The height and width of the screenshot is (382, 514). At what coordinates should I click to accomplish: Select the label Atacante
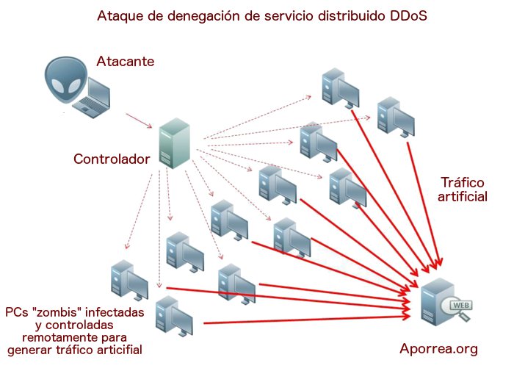click(x=126, y=62)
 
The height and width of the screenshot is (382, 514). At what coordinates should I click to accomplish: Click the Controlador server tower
click(x=175, y=145)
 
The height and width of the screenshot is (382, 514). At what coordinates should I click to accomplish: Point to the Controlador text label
click(x=112, y=159)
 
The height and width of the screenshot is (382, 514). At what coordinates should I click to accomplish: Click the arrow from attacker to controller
click(x=138, y=120)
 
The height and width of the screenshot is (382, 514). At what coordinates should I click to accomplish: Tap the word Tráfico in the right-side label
click(x=463, y=182)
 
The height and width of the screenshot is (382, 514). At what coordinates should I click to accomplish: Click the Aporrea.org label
click(x=439, y=349)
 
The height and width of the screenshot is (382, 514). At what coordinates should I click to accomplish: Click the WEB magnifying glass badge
click(x=460, y=309)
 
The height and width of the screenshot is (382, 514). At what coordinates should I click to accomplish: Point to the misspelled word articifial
click(x=112, y=350)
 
